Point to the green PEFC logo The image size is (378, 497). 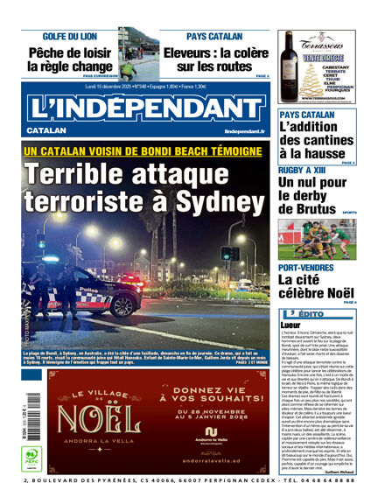(30, 456)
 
